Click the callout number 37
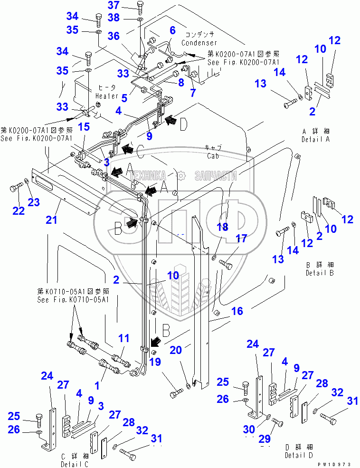pyautogui.click(x=114, y=6)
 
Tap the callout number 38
pyautogui.click(x=114, y=18)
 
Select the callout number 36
pyautogui.click(x=114, y=36)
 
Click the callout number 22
pyautogui.click(x=18, y=210)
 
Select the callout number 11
pyautogui.click(x=123, y=338)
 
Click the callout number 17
pyautogui.click(x=242, y=239)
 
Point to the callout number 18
pyautogui.click(x=222, y=227)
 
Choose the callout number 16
pyautogui.click(x=237, y=311)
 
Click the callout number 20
pyautogui.click(x=176, y=350)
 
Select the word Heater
pyautogui.click(x=105, y=96)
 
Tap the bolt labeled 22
pyautogui.click(x=14, y=188)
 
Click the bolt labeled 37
pyautogui.click(x=140, y=7)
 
